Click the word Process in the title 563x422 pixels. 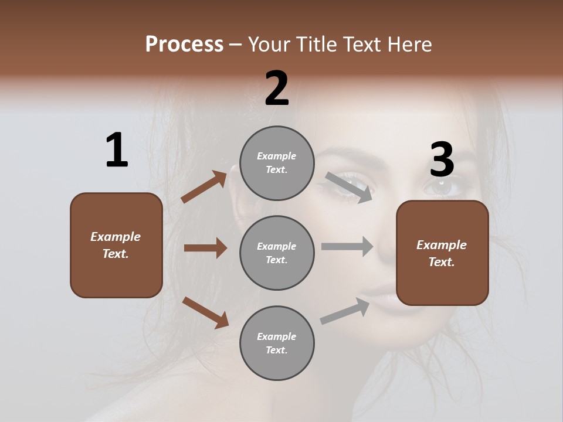(x=184, y=45)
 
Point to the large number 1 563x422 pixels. (x=117, y=151)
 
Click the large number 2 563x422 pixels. (x=277, y=89)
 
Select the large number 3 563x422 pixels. (x=442, y=160)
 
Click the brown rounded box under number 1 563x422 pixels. (x=116, y=245)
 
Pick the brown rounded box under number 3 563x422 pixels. (x=442, y=253)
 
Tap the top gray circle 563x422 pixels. (x=277, y=163)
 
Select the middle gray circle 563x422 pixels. (x=277, y=253)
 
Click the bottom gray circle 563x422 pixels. (x=277, y=343)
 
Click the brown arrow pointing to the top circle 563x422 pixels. (x=204, y=187)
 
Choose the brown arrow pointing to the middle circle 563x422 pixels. (x=205, y=248)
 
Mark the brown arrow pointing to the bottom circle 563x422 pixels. (x=205, y=312)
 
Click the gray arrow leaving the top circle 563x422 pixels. (x=349, y=187)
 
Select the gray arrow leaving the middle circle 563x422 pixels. (x=347, y=247)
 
